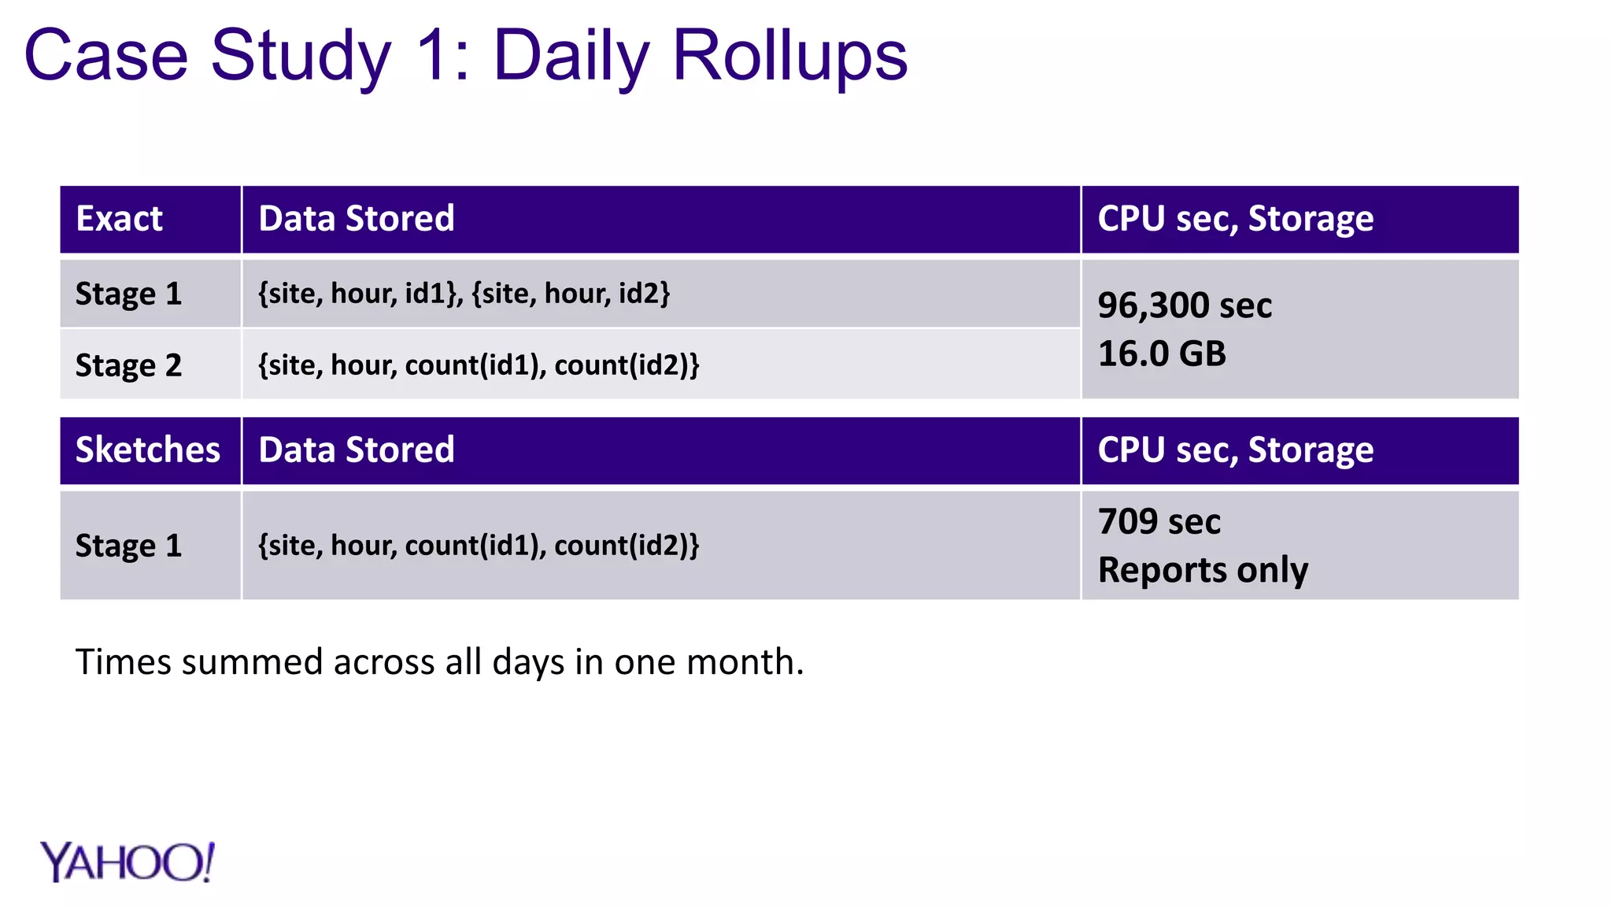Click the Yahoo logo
pos(127,862)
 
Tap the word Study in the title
pos(301,57)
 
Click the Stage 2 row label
pos(128,365)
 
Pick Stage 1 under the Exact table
pos(128,294)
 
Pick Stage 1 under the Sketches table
pos(128,546)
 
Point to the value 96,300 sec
pos(1184,305)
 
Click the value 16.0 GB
pos(1162,354)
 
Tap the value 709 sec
pos(1159,522)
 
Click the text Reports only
pos(1203,570)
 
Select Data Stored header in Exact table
pos(357,219)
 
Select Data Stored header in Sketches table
pos(357,450)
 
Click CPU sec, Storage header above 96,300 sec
pos(1235,219)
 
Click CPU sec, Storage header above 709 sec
pos(1235,450)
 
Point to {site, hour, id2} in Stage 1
pos(571,294)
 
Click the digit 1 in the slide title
pos(431,57)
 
